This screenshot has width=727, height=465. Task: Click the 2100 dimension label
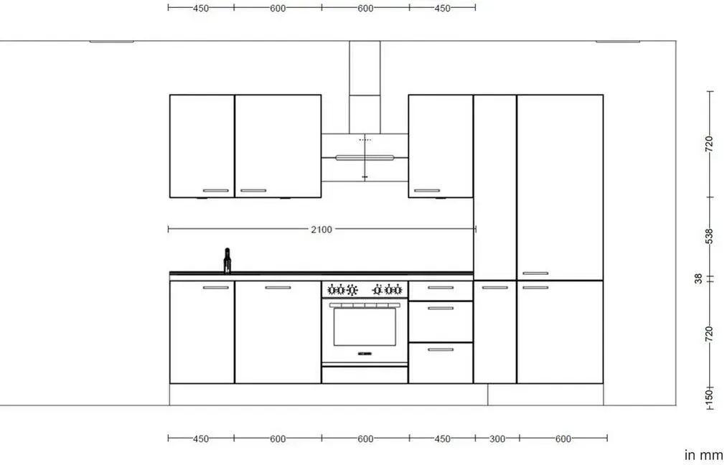322,229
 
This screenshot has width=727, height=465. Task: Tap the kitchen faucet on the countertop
228,260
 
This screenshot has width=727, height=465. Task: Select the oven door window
365,327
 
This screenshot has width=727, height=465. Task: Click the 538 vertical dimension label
709,236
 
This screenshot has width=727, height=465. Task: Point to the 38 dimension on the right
698,278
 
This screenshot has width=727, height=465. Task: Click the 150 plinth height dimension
709,396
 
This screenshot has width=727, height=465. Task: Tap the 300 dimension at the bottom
497,438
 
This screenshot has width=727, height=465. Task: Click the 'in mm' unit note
703,455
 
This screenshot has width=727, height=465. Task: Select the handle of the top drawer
441,288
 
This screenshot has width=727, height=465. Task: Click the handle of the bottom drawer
441,349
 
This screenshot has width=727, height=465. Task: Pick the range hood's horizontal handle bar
365,158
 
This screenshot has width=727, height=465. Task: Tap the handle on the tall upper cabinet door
535,273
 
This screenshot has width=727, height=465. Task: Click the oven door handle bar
365,305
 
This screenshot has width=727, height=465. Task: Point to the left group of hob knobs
342,290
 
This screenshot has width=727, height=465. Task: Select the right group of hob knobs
387,290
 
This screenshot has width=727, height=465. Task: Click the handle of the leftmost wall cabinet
215,191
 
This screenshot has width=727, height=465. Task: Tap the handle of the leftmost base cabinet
215,288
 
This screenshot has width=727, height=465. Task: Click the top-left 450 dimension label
200,9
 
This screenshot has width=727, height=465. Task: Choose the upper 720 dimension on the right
709,144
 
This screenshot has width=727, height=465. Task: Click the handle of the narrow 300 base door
494,288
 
